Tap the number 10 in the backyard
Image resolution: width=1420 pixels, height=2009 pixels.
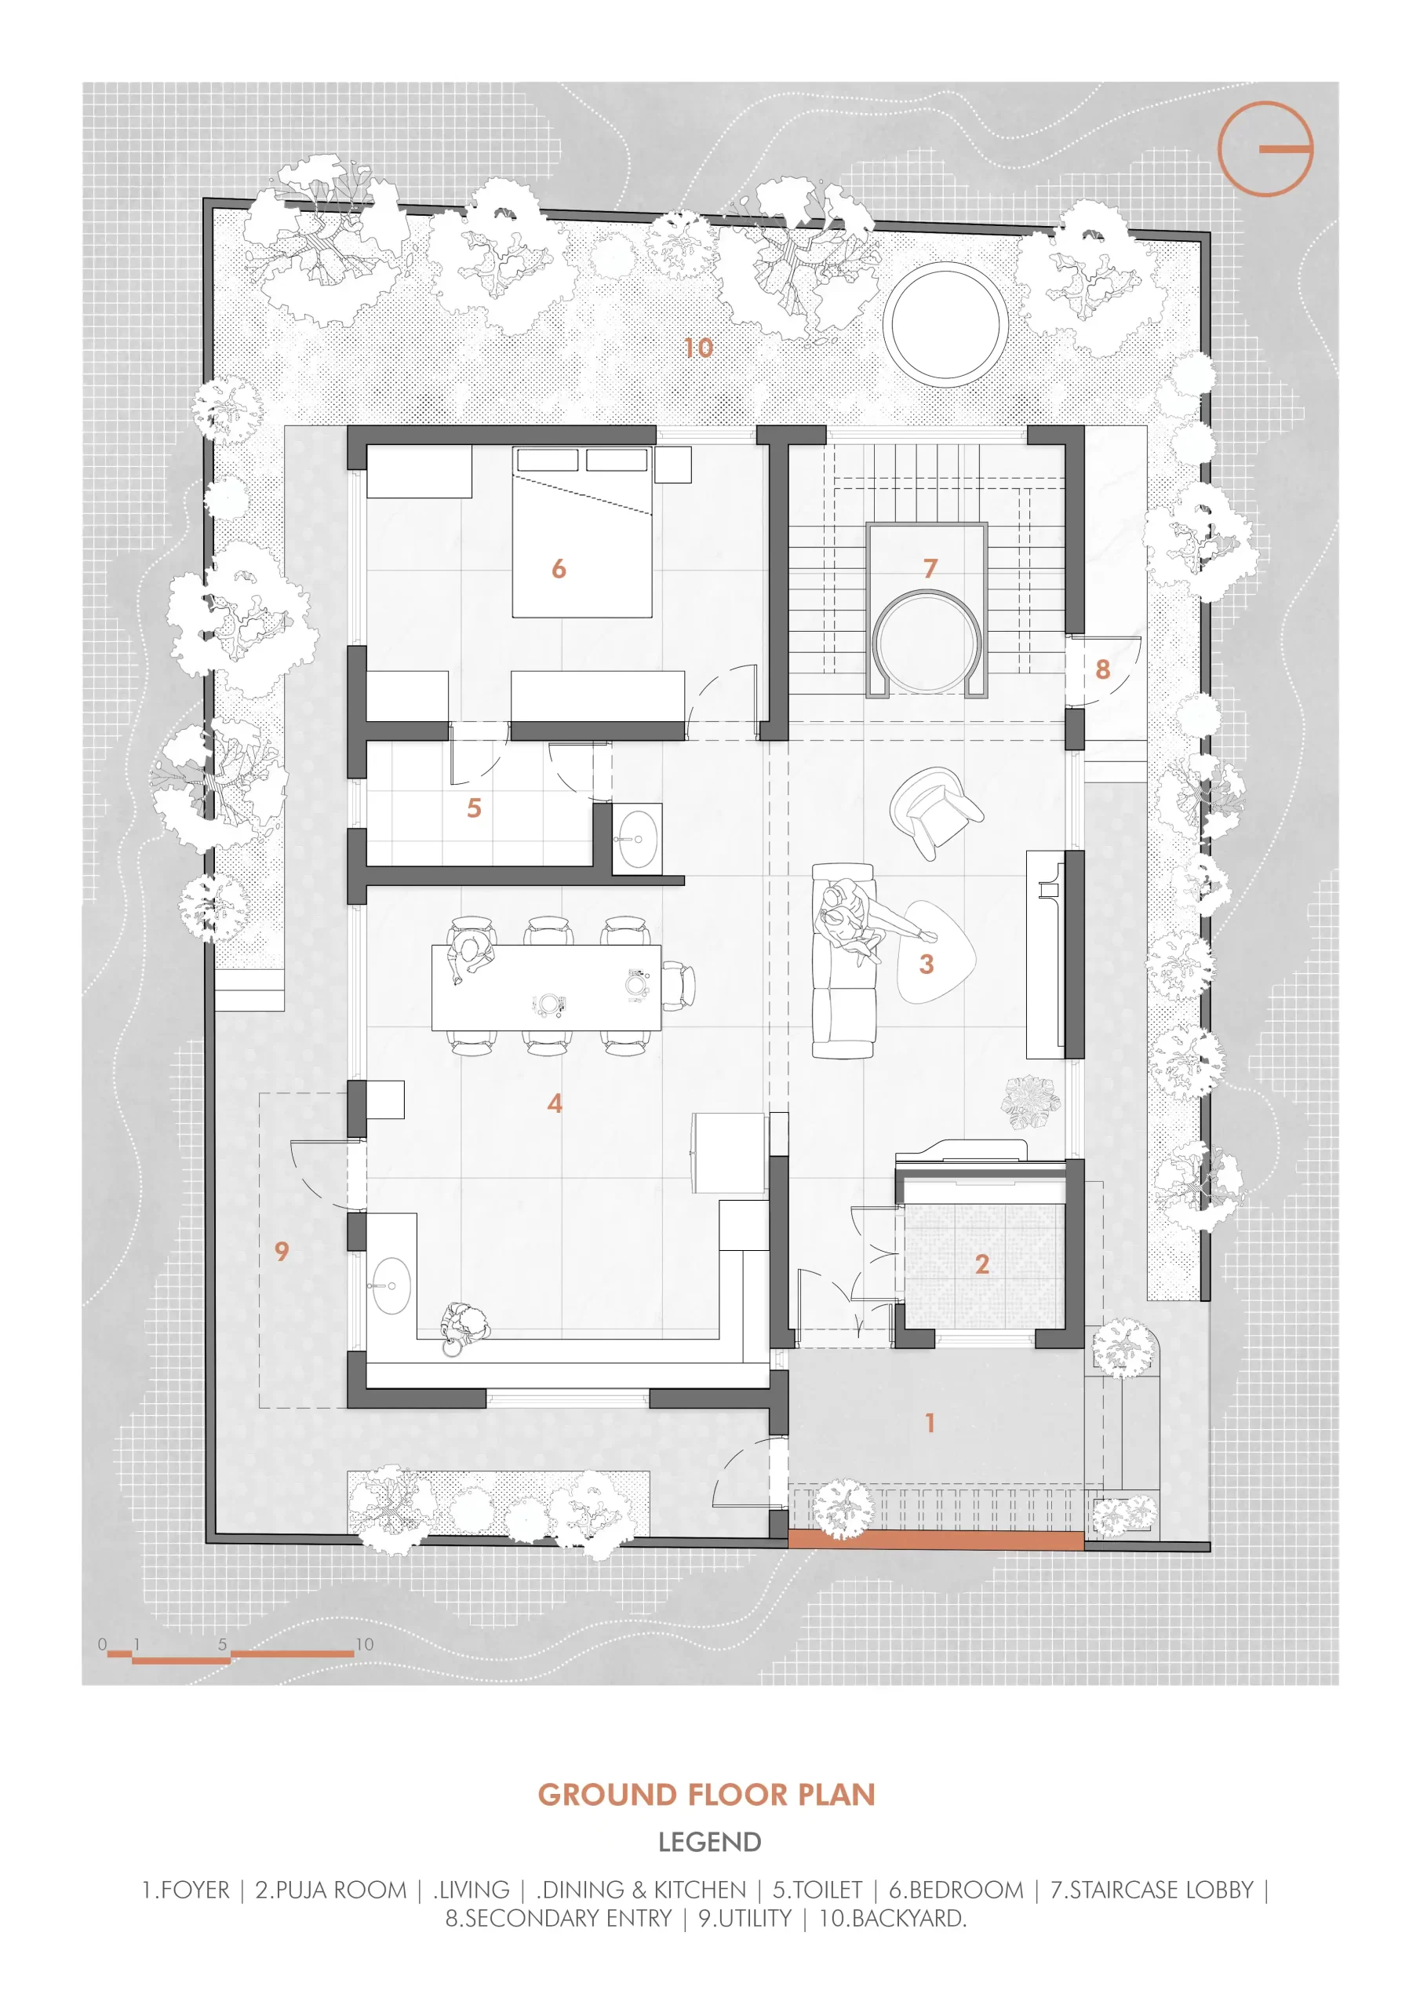click(x=698, y=348)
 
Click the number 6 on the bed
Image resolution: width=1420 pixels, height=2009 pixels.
click(x=559, y=569)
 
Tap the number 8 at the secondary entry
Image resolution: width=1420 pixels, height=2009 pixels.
click(x=1102, y=669)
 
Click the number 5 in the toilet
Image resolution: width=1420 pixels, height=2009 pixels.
click(x=474, y=808)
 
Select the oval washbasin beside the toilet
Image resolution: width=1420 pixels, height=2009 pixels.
click(x=637, y=838)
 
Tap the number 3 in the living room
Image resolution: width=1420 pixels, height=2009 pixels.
click(x=927, y=964)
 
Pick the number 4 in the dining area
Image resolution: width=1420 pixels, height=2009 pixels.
click(x=555, y=1103)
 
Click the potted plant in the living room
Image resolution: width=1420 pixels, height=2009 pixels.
click(x=1031, y=1103)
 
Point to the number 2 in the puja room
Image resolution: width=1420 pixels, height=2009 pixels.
click(x=981, y=1263)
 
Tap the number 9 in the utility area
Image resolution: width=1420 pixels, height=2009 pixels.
click(x=282, y=1251)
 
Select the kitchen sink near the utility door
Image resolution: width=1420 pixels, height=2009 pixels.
click(x=391, y=1286)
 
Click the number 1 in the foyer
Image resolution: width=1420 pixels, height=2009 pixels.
click(x=930, y=1423)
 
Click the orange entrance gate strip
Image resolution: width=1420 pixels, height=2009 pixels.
click(x=936, y=1540)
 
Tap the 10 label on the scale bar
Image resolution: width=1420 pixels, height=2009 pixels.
click(x=364, y=1644)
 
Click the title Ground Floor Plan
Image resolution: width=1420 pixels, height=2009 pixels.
click(x=707, y=1796)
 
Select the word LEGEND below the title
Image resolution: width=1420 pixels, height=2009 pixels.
click(x=709, y=1842)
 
